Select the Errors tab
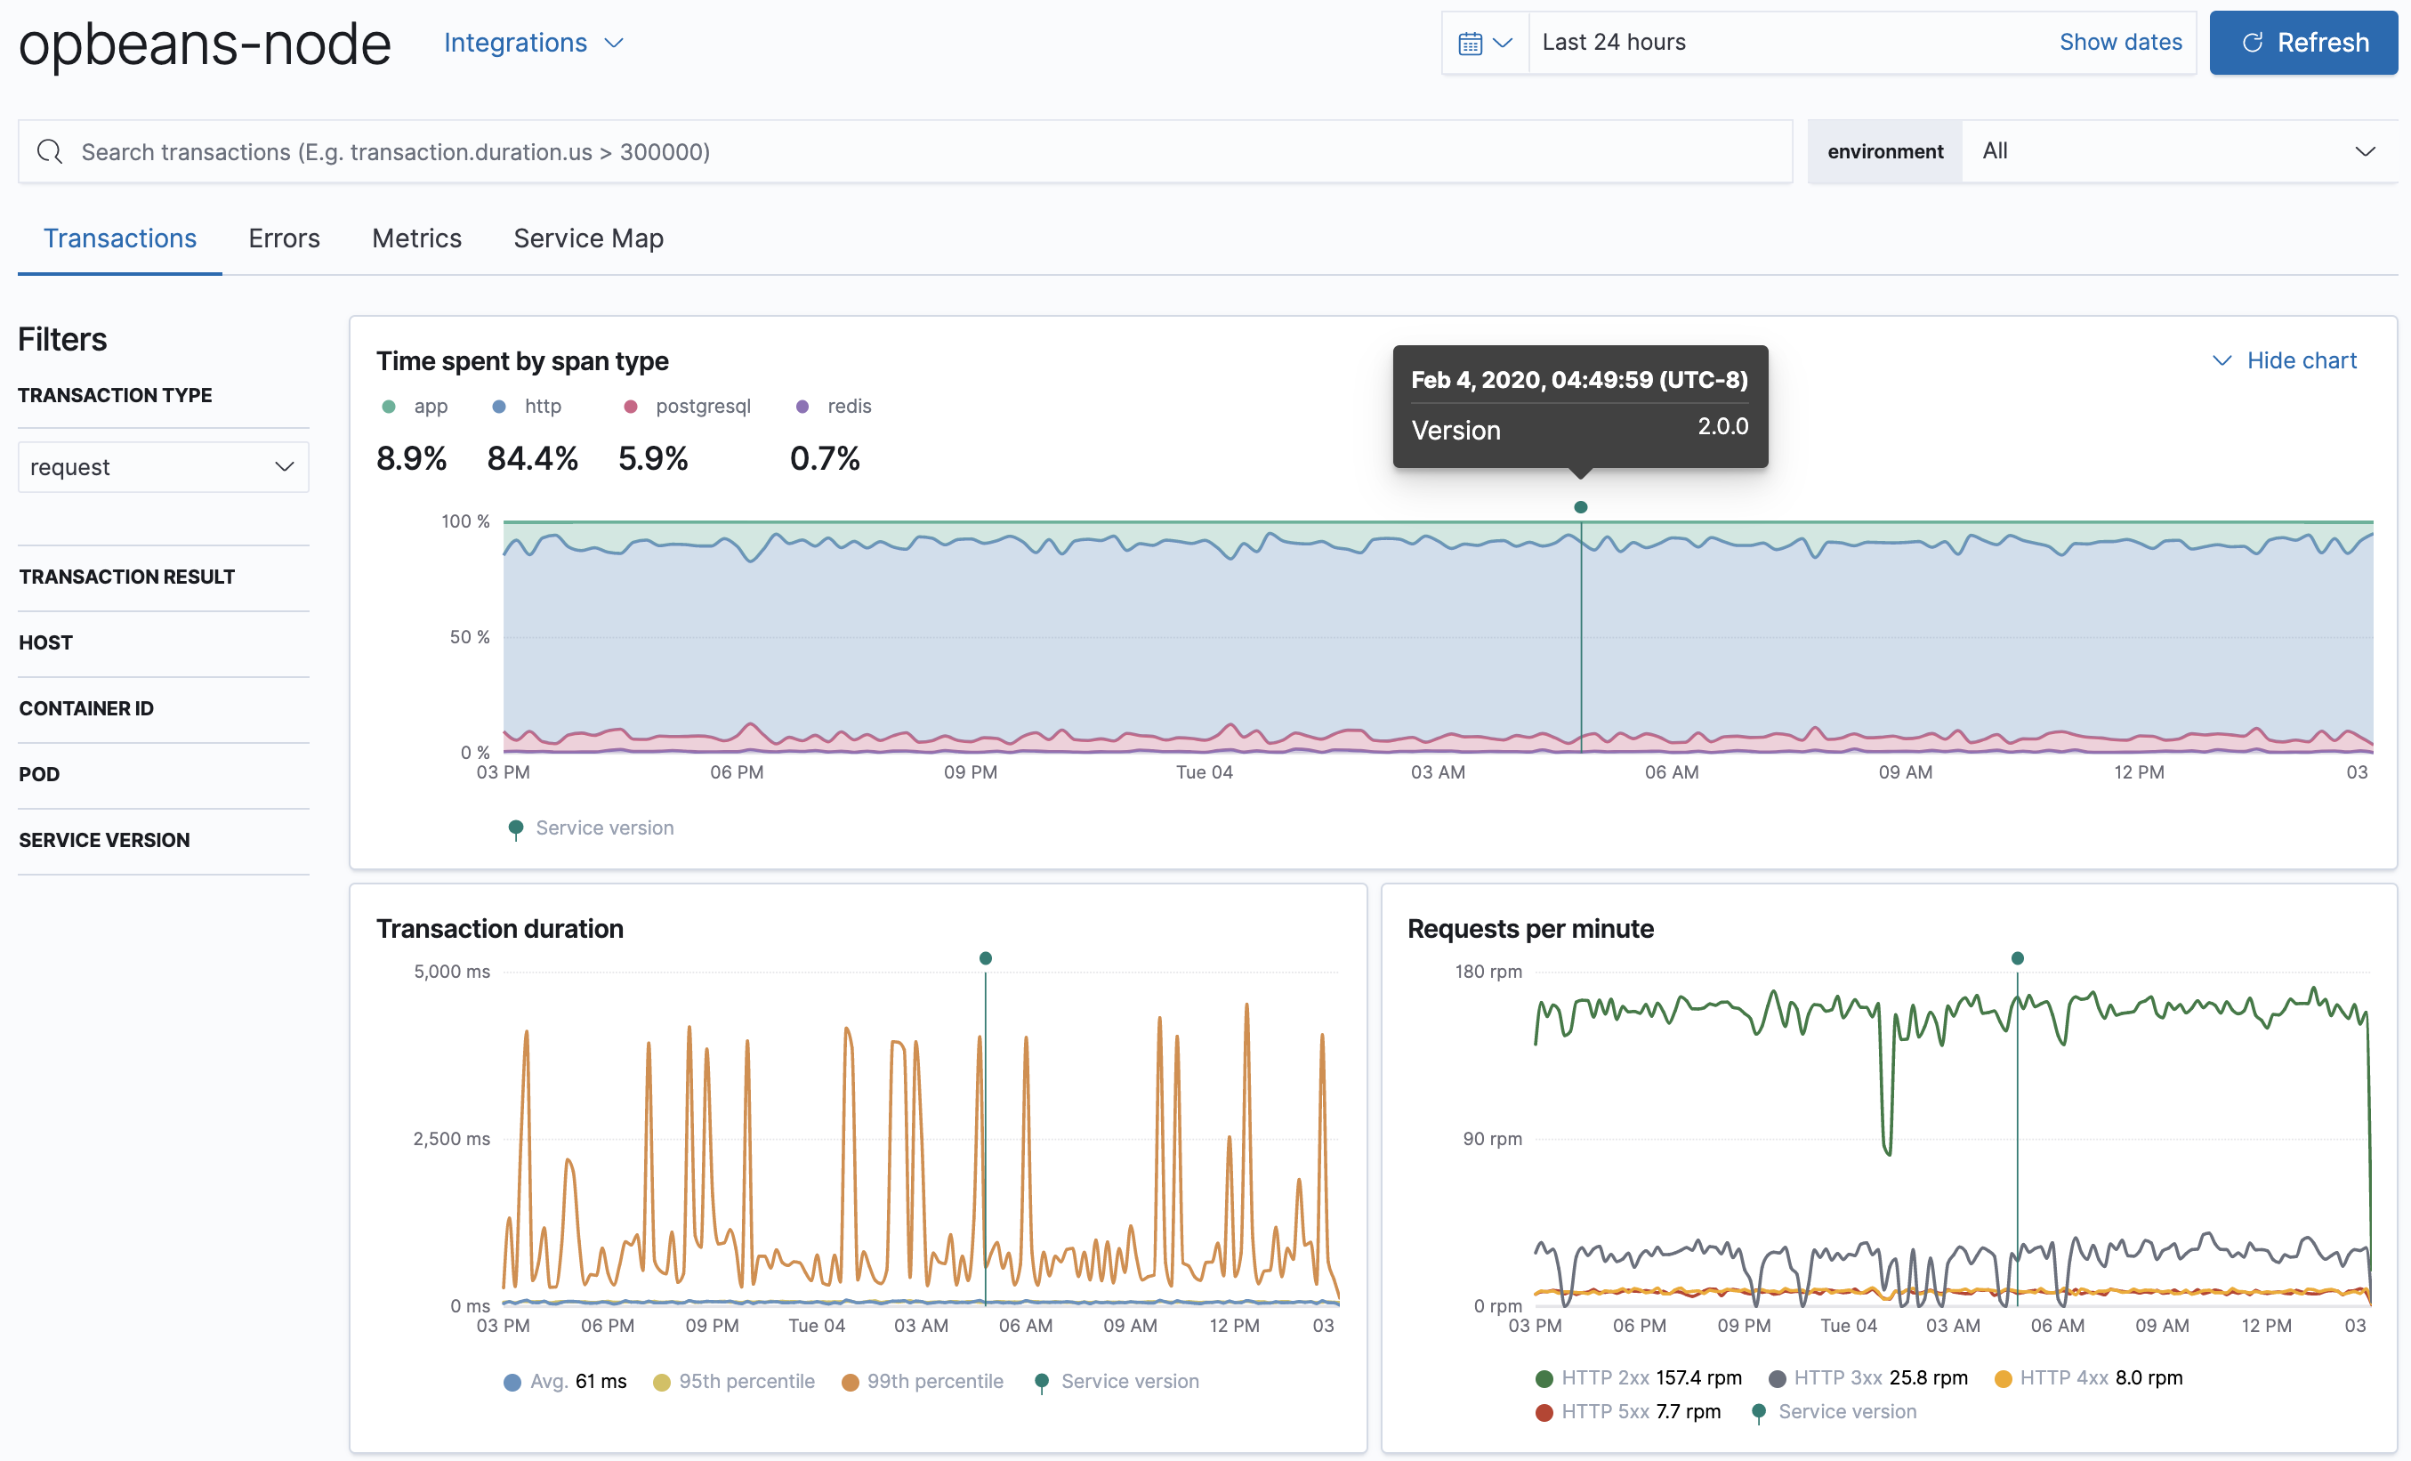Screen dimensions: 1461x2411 click(284, 238)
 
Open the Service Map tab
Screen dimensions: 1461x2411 click(588, 238)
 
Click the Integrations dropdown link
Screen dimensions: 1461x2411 click(532, 43)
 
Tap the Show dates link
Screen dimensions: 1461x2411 click(2119, 42)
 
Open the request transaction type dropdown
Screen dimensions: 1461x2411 click(163, 467)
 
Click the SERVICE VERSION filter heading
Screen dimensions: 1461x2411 click(105, 840)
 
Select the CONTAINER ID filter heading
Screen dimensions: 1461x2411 click(86, 708)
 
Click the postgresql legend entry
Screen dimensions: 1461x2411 click(702, 406)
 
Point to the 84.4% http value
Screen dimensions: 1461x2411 click(532, 458)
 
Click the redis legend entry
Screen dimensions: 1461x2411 click(847, 406)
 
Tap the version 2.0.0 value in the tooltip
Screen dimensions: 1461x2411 click(1722, 427)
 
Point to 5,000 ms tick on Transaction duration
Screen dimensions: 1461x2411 click(451, 972)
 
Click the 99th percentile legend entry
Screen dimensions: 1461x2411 click(933, 1381)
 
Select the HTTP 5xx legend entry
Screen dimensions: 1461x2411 click(1604, 1411)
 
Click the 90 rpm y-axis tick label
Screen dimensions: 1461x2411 click(1491, 1138)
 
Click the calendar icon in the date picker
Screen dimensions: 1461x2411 click(1470, 43)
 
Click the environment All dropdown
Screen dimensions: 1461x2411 click(2177, 151)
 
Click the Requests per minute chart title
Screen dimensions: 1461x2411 click(1529, 929)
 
